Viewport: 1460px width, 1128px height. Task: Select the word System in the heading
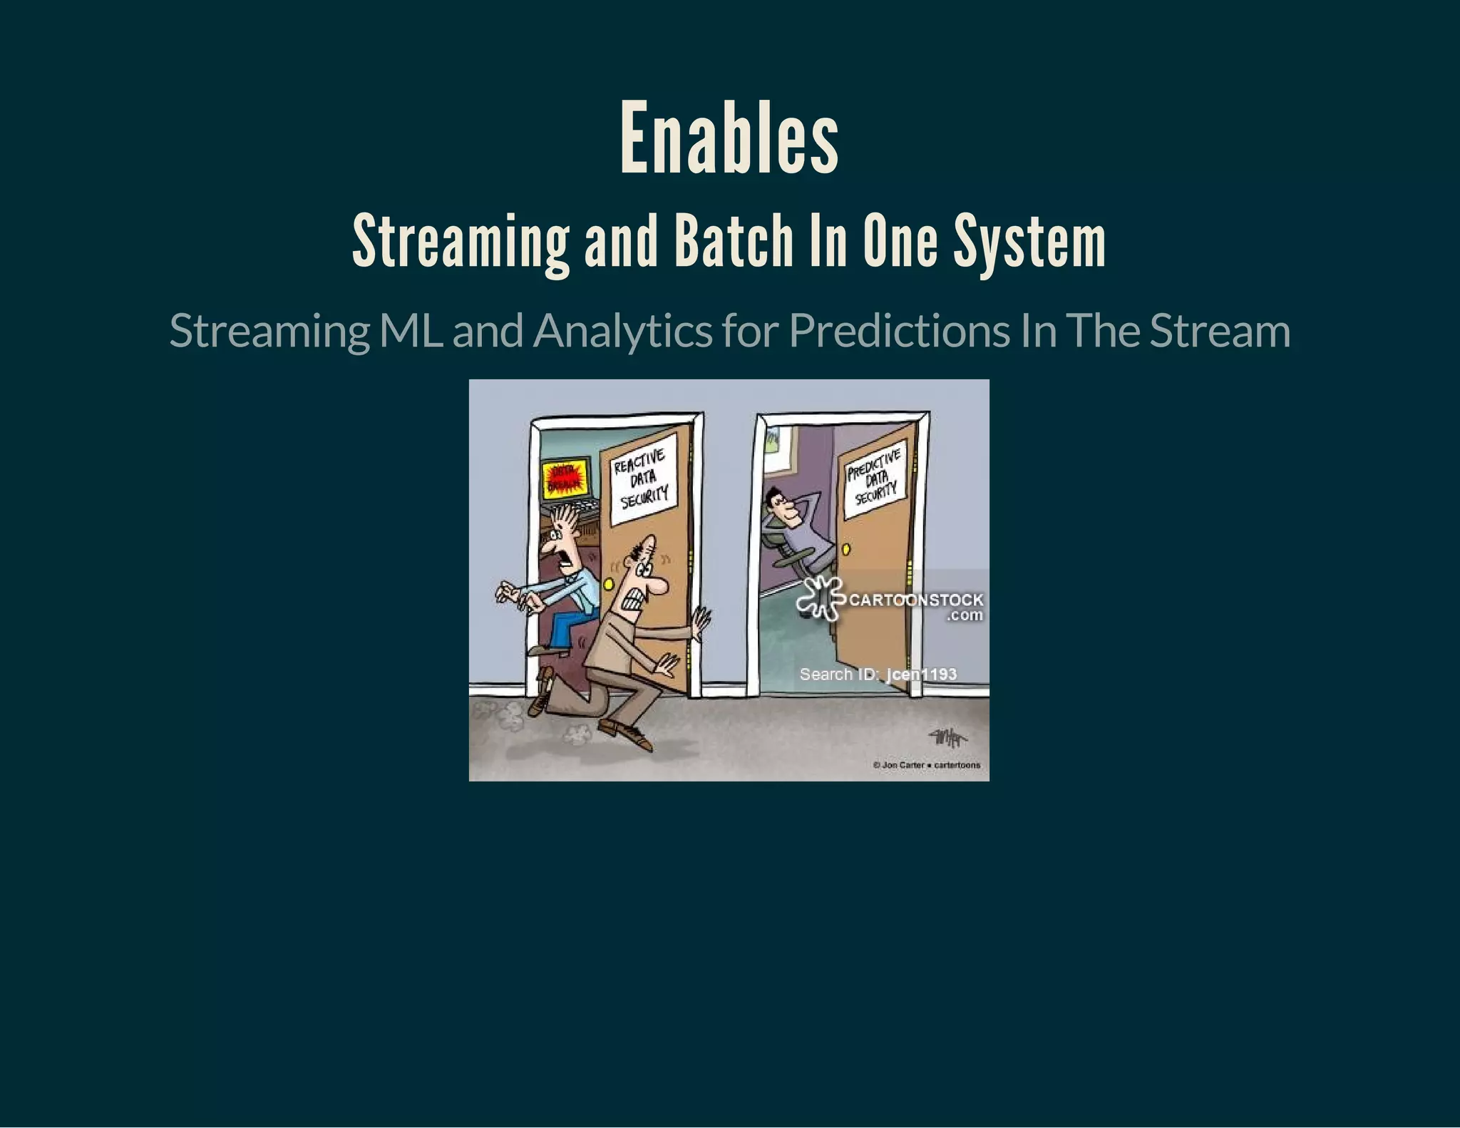pyautogui.click(x=1029, y=242)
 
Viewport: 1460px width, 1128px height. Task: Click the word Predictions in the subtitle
pyautogui.click(x=900, y=331)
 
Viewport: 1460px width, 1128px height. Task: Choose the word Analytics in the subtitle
pyautogui.click(x=622, y=332)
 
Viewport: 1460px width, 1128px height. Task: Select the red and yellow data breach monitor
pyautogui.click(x=565, y=478)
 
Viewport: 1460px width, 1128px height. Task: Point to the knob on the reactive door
pyautogui.click(x=608, y=584)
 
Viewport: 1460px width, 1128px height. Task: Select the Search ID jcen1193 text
pyautogui.click(x=878, y=674)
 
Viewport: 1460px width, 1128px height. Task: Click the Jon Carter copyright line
pyautogui.click(x=926, y=765)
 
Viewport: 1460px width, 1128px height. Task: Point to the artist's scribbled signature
pyautogui.click(x=947, y=738)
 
